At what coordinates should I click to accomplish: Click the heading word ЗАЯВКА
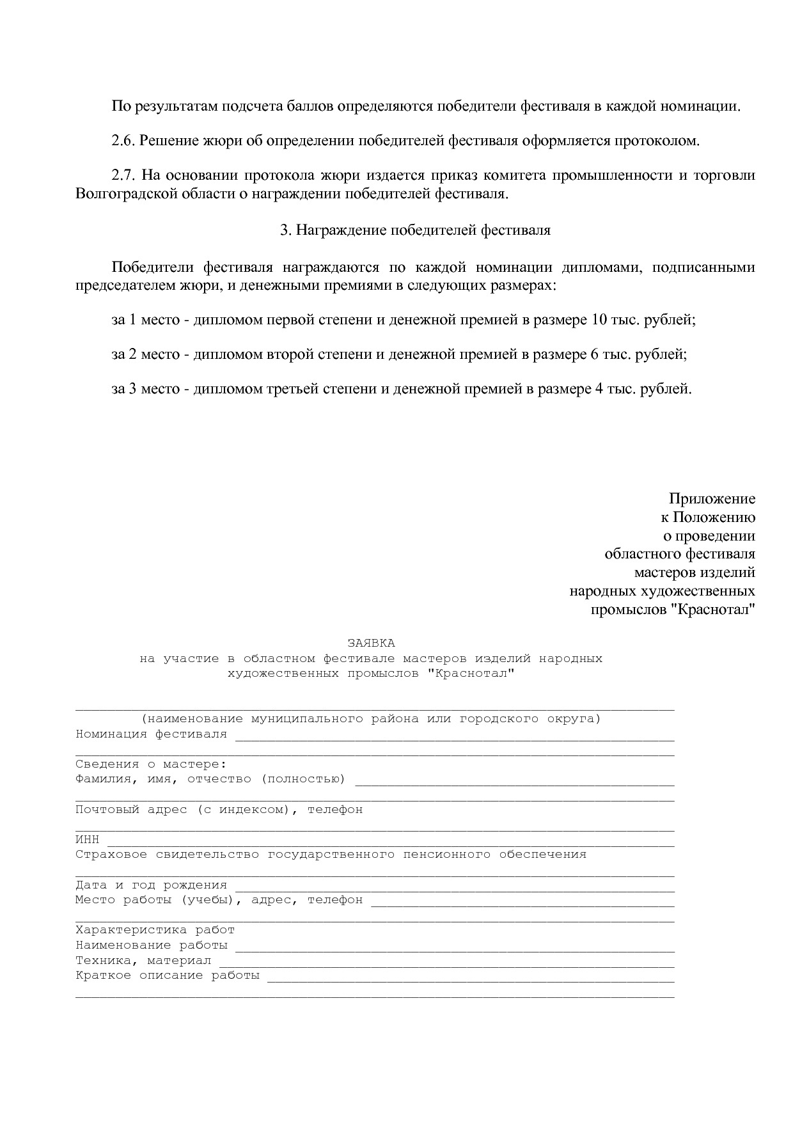pyautogui.click(x=371, y=643)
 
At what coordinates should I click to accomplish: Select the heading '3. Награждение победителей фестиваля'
pyautogui.click(x=415, y=230)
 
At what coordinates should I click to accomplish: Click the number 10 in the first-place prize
pyautogui.click(x=599, y=319)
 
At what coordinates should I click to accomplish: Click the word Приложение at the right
pyautogui.click(x=712, y=498)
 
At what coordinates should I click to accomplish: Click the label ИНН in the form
pyautogui.click(x=88, y=840)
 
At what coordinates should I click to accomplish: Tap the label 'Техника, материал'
pyautogui.click(x=143, y=960)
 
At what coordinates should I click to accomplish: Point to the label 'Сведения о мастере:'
pyautogui.click(x=151, y=764)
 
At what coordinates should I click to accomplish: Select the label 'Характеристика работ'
pyautogui.click(x=155, y=930)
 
